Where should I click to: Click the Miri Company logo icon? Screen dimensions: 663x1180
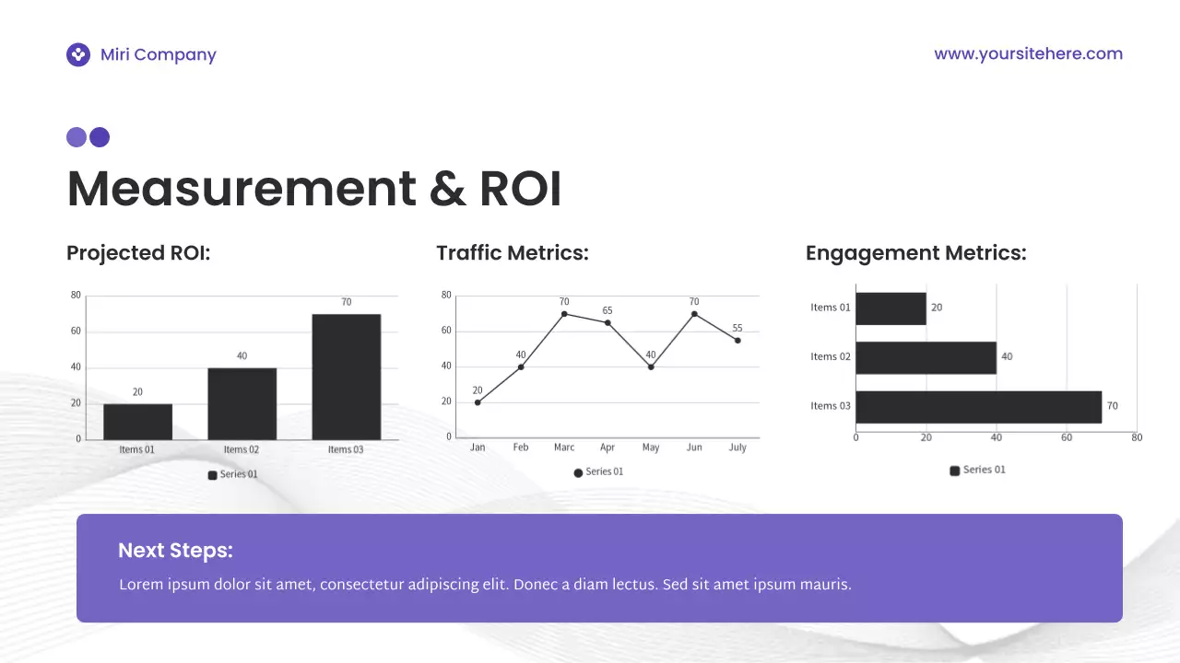pyautogui.click(x=78, y=55)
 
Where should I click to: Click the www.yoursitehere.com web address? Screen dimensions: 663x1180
pyautogui.click(x=1028, y=53)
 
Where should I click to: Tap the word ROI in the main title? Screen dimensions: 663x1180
pyautogui.click(x=520, y=189)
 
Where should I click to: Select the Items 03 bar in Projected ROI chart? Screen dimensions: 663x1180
pyautogui.click(x=346, y=377)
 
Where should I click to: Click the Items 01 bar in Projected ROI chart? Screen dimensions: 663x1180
pyautogui.click(x=137, y=421)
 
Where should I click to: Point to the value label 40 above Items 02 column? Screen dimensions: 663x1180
pyautogui.click(x=242, y=355)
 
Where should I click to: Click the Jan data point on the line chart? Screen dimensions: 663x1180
pyautogui.click(x=478, y=402)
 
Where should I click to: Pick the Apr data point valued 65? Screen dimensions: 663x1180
pyautogui.click(x=608, y=322)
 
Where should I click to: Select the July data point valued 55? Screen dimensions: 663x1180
pyautogui.click(x=737, y=341)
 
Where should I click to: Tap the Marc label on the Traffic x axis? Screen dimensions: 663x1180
pyautogui.click(x=564, y=448)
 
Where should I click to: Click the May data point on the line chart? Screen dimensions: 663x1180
pyautogui.click(x=651, y=367)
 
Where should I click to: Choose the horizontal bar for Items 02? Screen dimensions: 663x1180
pyautogui.click(x=926, y=357)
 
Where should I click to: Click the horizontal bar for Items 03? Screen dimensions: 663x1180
pyautogui.click(x=978, y=406)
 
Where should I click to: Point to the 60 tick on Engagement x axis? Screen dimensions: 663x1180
pyautogui.click(x=1067, y=437)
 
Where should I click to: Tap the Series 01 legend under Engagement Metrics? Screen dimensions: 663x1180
pyautogui.click(x=978, y=470)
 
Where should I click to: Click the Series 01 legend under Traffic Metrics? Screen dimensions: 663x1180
pyautogui.click(x=598, y=471)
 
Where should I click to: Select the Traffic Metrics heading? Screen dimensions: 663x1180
pyautogui.click(x=512, y=252)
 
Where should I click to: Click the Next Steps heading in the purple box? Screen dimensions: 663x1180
pyautogui.click(x=175, y=551)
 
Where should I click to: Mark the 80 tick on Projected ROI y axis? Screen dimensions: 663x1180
pyautogui.click(x=76, y=296)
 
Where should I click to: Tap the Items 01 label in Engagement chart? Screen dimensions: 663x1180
pyautogui.click(x=830, y=308)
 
